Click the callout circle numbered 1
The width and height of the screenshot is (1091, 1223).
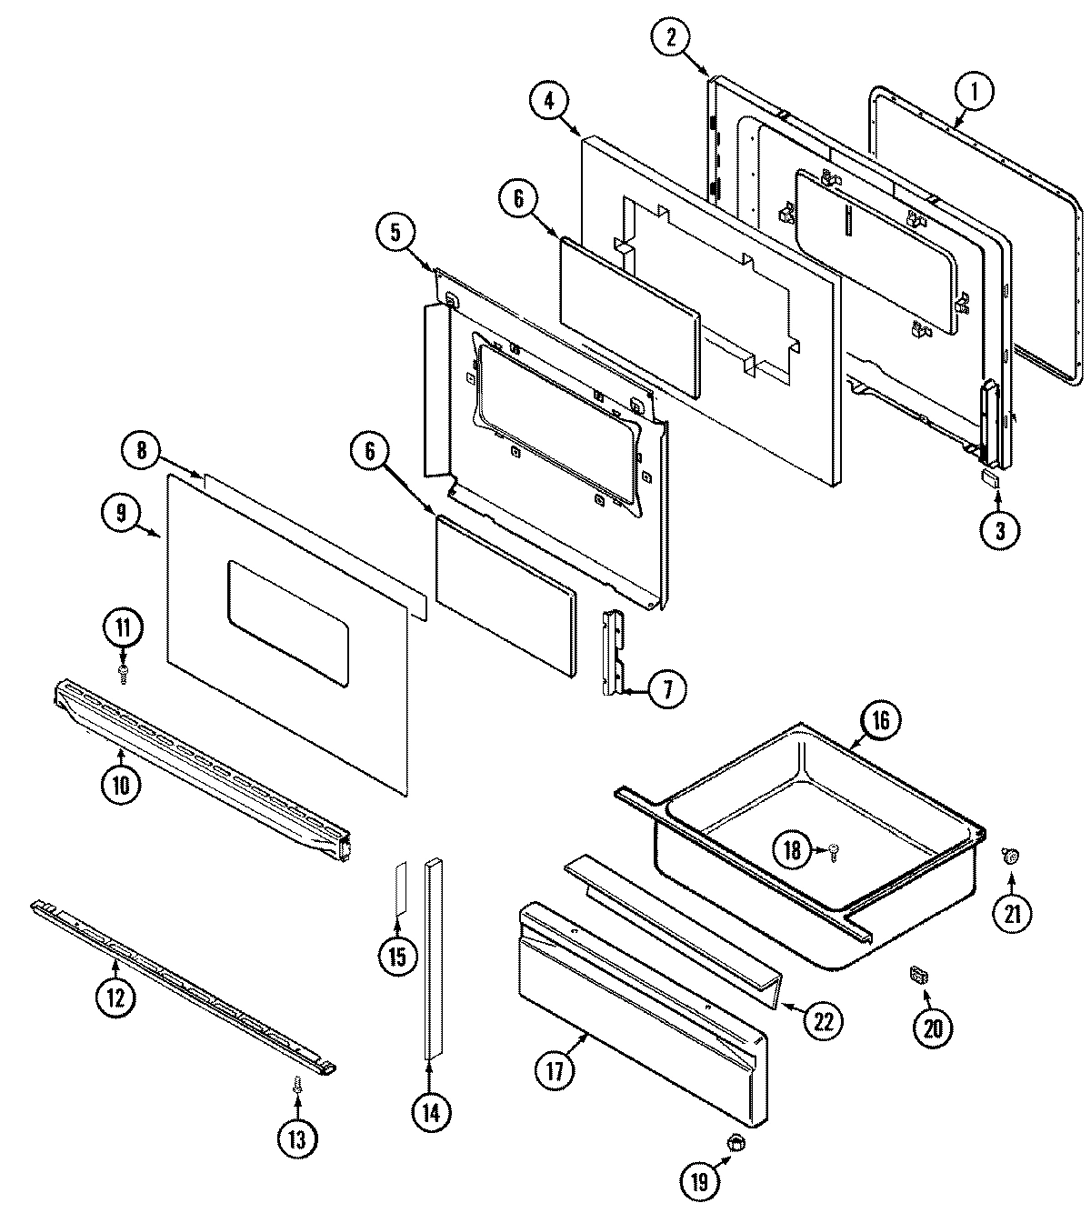tap(973, 91)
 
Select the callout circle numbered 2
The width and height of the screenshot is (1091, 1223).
tap(671, 37)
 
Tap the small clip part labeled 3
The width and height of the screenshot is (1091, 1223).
tap(989, 478)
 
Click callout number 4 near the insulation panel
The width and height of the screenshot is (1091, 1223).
tap(549, 100)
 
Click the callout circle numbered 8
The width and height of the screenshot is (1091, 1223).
tap(142, 450)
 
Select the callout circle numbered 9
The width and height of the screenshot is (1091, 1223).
tap(119, 512)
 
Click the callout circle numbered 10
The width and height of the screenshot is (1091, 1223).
tap(122, 783)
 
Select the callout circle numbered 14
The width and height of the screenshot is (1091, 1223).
tap(430, 1112)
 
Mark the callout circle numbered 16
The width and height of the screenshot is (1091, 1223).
tap(880, 721)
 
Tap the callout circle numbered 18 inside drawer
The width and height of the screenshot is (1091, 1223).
tap(793, 850)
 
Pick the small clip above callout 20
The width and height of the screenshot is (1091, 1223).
tap(918, 976)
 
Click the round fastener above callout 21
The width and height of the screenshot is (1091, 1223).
tap(1010, 854)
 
